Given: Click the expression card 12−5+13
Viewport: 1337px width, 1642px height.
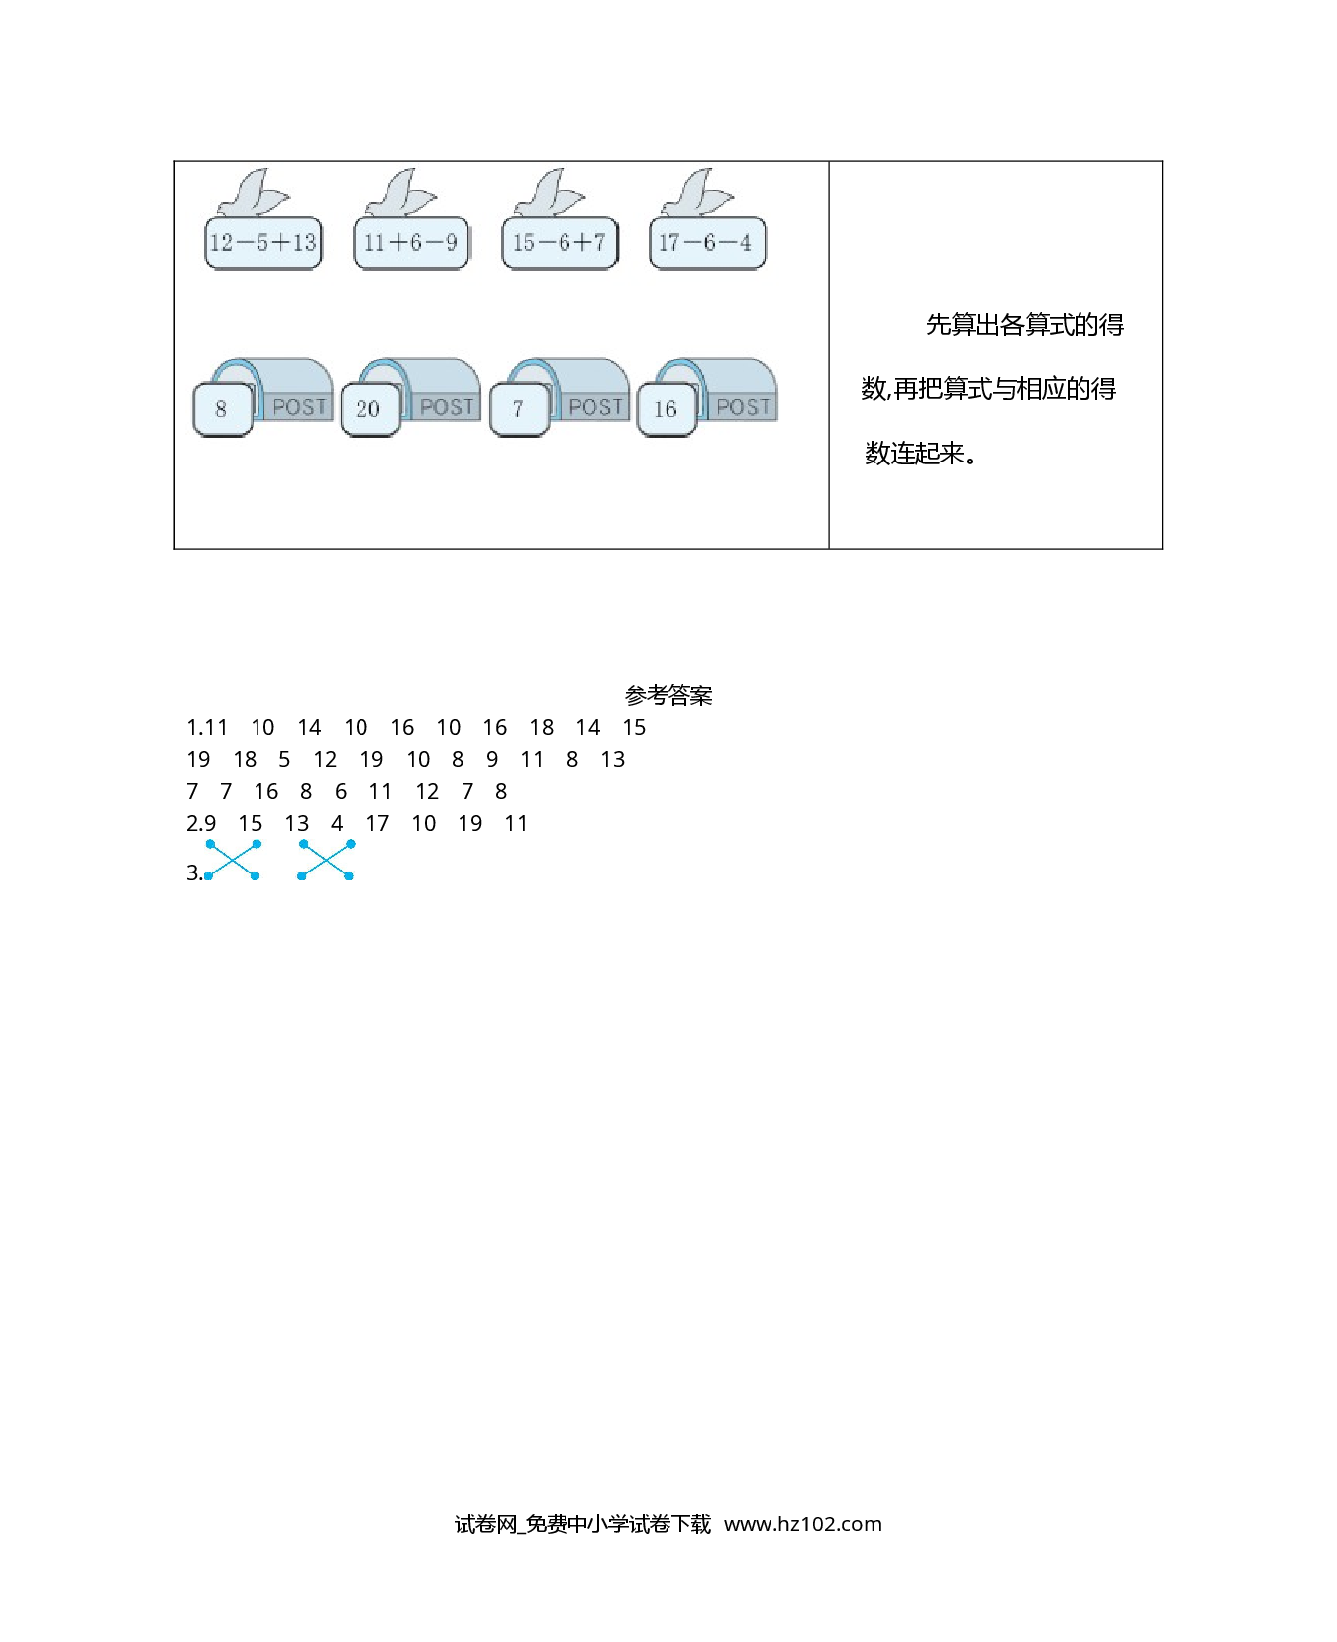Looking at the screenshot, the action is pos(263,243).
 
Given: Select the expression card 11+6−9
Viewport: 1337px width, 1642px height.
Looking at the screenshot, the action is pos(411,243).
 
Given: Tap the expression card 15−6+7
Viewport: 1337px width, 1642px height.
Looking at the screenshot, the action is pos(560,243).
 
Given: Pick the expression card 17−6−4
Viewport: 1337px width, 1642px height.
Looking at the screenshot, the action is pos(707,243).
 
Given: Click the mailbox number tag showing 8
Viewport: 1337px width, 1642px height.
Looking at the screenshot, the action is pos(222,409).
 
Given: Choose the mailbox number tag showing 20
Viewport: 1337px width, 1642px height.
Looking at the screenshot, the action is pos(369,409).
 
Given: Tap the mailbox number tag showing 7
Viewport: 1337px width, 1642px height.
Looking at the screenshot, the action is pos(519,409).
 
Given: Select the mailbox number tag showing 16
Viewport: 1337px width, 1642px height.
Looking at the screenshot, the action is pos(667,409).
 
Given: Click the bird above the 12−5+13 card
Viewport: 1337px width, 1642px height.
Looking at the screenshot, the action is pos(253,193).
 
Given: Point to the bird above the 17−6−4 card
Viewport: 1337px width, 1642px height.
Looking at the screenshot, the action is pos(697,193).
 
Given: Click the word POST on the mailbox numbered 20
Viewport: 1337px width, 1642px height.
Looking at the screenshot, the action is pos(447,407).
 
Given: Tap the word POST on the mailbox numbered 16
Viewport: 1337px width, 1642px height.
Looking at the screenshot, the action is pos(743,407).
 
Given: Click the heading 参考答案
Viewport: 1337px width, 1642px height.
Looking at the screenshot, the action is pos(668,696).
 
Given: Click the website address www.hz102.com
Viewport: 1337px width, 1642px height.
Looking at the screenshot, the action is pos(802,1524).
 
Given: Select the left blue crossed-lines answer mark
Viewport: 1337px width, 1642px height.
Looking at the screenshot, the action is pos(233,860).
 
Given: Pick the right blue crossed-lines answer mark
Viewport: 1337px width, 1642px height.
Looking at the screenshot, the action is pos(326,860).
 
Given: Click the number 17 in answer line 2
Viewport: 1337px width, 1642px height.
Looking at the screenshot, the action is pos(377,824).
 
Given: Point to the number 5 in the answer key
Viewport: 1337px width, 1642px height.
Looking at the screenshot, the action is pos(284,760).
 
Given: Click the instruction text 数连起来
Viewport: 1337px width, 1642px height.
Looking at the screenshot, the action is pos(914,454).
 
